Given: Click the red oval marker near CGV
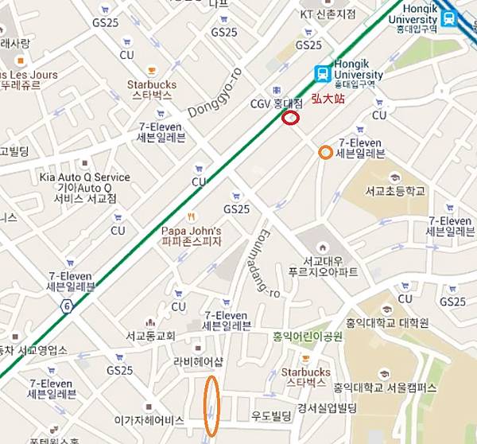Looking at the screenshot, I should pyautogui.click(x=291, y=119).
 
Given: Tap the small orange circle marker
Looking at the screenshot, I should pyautogui.click(x=324, y=152).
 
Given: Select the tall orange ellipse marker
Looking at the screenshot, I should pyautogui.click(x=211, y=406).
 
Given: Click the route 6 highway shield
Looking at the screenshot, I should pyautogui.click(x=66, y=306).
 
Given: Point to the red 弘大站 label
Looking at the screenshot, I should pyautogui.click(x=327, y=99).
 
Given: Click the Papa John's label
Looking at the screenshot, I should pyautogui.click(x=190, y=236).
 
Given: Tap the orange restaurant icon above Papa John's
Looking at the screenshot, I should pyautogui.click(x=190, y=216).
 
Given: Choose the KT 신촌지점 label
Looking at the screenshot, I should pyautogui.click(x=328, y=15).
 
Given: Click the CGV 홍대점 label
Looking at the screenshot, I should pyautogui.click(x=277, y=103).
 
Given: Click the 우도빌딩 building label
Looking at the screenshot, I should pyautogui.click(x=272, y=415).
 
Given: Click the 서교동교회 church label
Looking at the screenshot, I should pyautogui.click(x=150, y=336).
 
